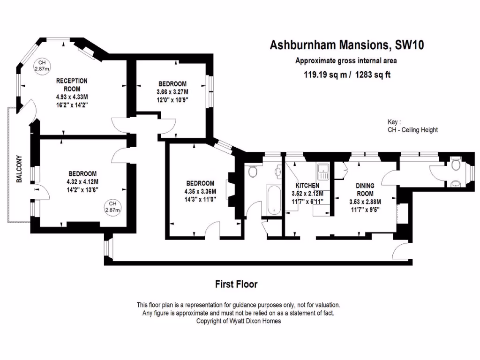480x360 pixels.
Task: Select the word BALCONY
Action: (x=19, y=169)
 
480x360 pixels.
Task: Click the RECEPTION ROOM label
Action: (x=72, y=85)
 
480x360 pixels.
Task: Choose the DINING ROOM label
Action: (x=365, y=190)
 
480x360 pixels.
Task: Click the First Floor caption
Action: (x=236, y=284)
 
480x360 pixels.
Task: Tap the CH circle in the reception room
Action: (x=42, y=66)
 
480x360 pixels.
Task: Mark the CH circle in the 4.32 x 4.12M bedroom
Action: (x=112, y=207)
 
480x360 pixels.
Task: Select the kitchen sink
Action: (x=323, y=172)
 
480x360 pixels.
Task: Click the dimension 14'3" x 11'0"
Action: (x=200, y=199)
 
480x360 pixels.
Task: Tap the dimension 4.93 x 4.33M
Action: (x=72, y=97)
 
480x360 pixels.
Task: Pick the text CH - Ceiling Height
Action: (x=412, y=130)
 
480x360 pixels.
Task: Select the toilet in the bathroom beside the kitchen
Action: (x=253, y=172)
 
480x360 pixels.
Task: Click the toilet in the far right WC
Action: (x=455, y=165)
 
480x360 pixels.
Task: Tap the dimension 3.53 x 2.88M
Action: (x=365, y=202)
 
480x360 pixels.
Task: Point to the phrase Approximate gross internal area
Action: (x=346, y=60)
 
